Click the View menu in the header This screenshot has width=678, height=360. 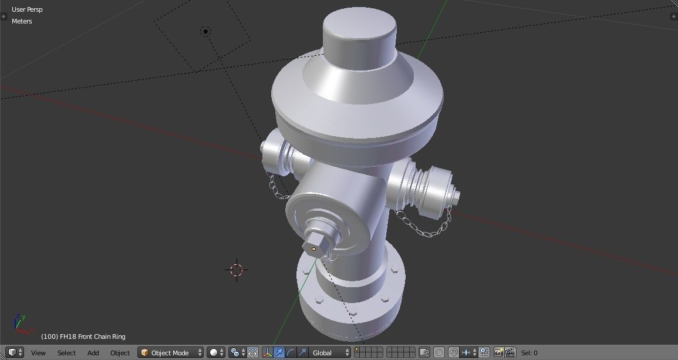38,353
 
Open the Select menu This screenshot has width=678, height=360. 66,353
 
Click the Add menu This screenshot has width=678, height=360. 93,353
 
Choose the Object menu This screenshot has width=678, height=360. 120,353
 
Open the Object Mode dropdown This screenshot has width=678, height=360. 170,353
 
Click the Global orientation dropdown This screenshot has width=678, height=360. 330,353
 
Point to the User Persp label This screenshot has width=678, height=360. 27,9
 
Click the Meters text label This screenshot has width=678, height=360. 22,21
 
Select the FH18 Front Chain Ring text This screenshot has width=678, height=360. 83,337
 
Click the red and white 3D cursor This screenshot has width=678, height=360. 237,270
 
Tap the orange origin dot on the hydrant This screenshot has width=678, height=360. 314,249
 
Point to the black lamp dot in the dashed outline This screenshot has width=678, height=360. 205,31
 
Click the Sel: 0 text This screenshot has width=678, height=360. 529,353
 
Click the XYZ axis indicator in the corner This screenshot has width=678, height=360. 19,322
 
